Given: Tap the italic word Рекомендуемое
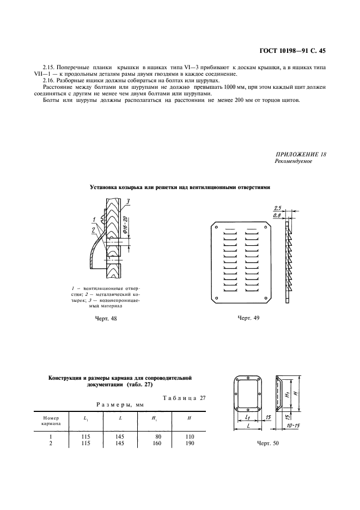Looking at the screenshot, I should click(x=294, y=162).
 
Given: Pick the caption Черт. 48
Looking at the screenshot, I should click(x=106, y=319).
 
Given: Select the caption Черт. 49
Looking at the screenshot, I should click(x=248, y=318).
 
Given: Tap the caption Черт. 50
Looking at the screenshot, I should click(x=267, y=444).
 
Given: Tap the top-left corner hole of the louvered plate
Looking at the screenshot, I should click(x=217, y=227).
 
